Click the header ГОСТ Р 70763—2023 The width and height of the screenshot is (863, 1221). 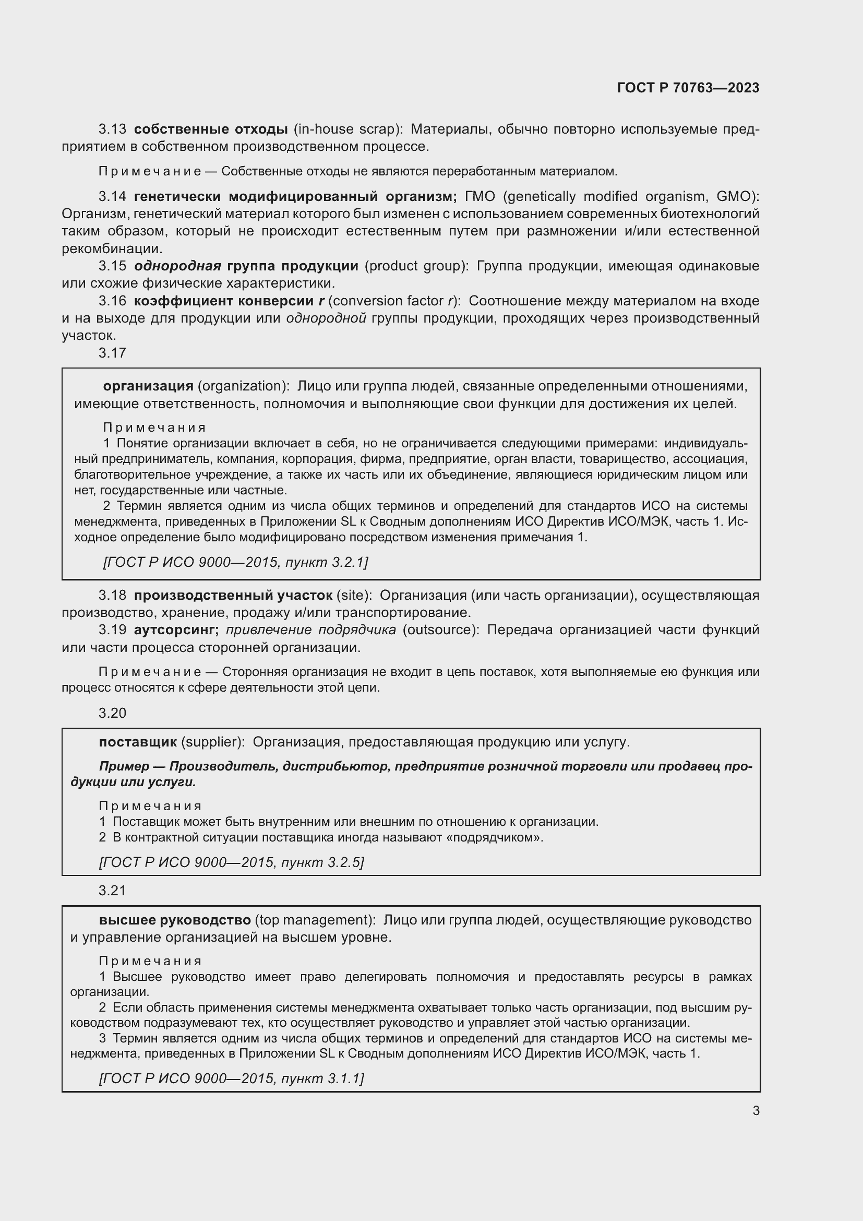(x=688, y=88)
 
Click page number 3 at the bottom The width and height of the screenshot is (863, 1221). (x=756, y=1110)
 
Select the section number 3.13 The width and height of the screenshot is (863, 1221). (x=112, y=129)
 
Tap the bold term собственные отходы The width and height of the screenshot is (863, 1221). (x=210, y=129)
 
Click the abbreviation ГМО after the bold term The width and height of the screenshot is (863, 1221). (x=480, y=197)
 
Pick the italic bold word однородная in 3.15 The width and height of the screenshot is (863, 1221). (x=177, y=266)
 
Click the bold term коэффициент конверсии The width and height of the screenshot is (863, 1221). (x=224, y=301)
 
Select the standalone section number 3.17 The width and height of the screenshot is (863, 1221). (x=112, y=353)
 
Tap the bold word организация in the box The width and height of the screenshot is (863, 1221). (x=148, y=386)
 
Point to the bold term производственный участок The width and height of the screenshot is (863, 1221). (x=233, y=596)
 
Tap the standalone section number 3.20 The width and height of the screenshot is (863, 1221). (x=112, y=713)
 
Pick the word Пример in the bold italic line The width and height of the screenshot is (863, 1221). (x=124, y=766)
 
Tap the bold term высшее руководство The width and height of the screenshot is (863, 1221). (x=175, y=920)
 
